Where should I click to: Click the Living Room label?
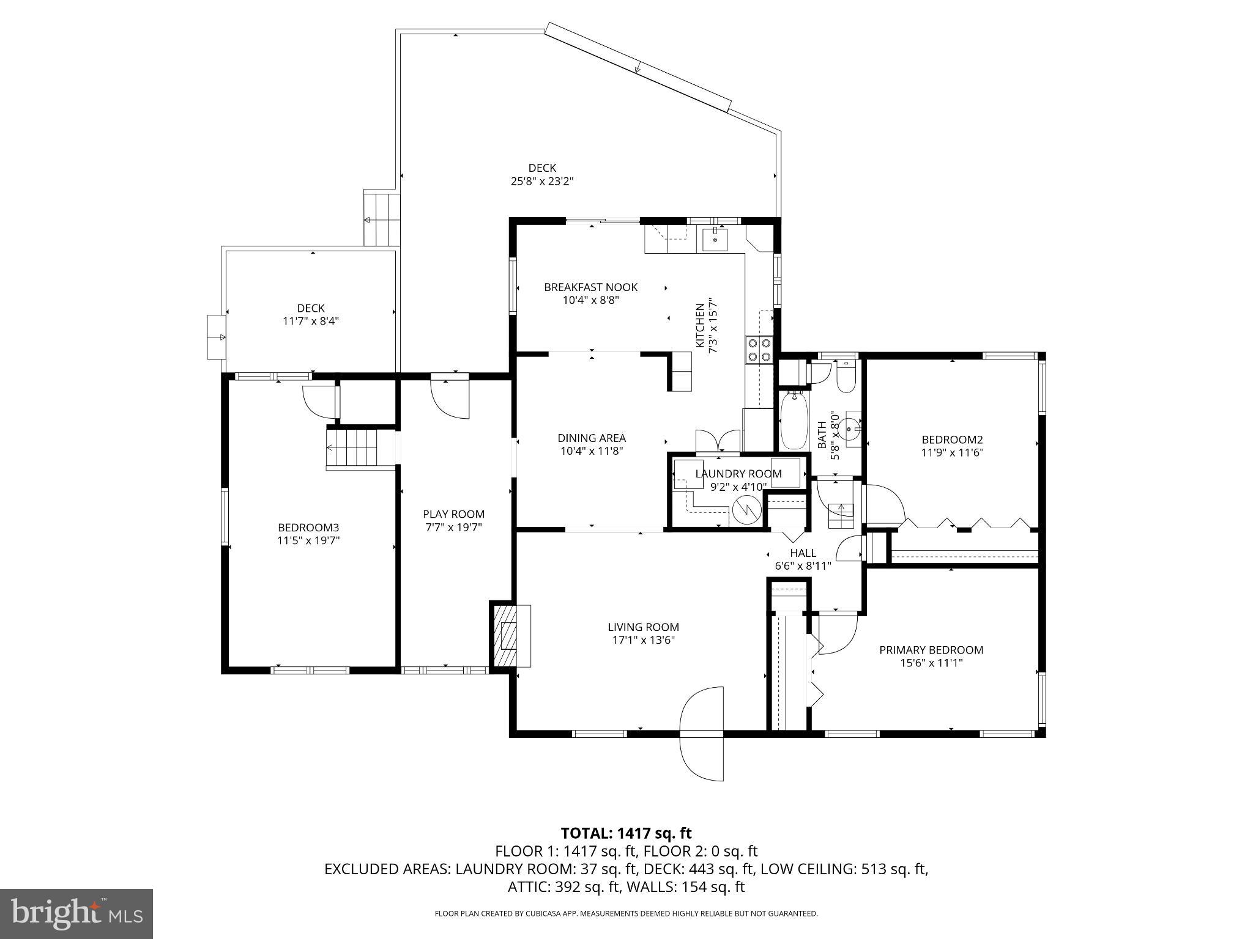pos(643,627)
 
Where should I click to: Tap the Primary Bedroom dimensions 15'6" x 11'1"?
pos(931,663)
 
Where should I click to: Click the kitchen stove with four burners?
pos(759,351)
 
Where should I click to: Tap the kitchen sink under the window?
pos(715,240)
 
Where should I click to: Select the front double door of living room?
pos(702,733)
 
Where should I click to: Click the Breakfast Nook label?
pos(590,287)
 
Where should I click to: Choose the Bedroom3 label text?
pos(308,527)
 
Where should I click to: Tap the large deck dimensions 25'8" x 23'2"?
pos(542,181)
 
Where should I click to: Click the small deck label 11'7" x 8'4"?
pos(311,321)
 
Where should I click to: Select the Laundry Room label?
pos(738,474)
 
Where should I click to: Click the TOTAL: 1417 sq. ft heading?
pos(626,833)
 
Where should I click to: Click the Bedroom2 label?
pos(952,440)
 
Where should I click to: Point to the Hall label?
pos(803,553)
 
